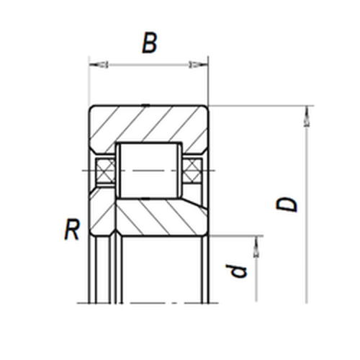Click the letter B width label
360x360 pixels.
click(x=150, y=43)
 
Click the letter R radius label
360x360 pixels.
click(x=72, y=230)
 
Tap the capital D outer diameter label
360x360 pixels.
click(x=287, y=204)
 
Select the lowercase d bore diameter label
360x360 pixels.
click(x=236, y=271)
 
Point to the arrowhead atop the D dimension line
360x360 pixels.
click(x=307, y=116)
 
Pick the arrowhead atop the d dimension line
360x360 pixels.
click(x=256, y=247)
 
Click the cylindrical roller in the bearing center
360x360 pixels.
click(x=149, y=171)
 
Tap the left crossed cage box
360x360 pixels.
click(x=105, y=171)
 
